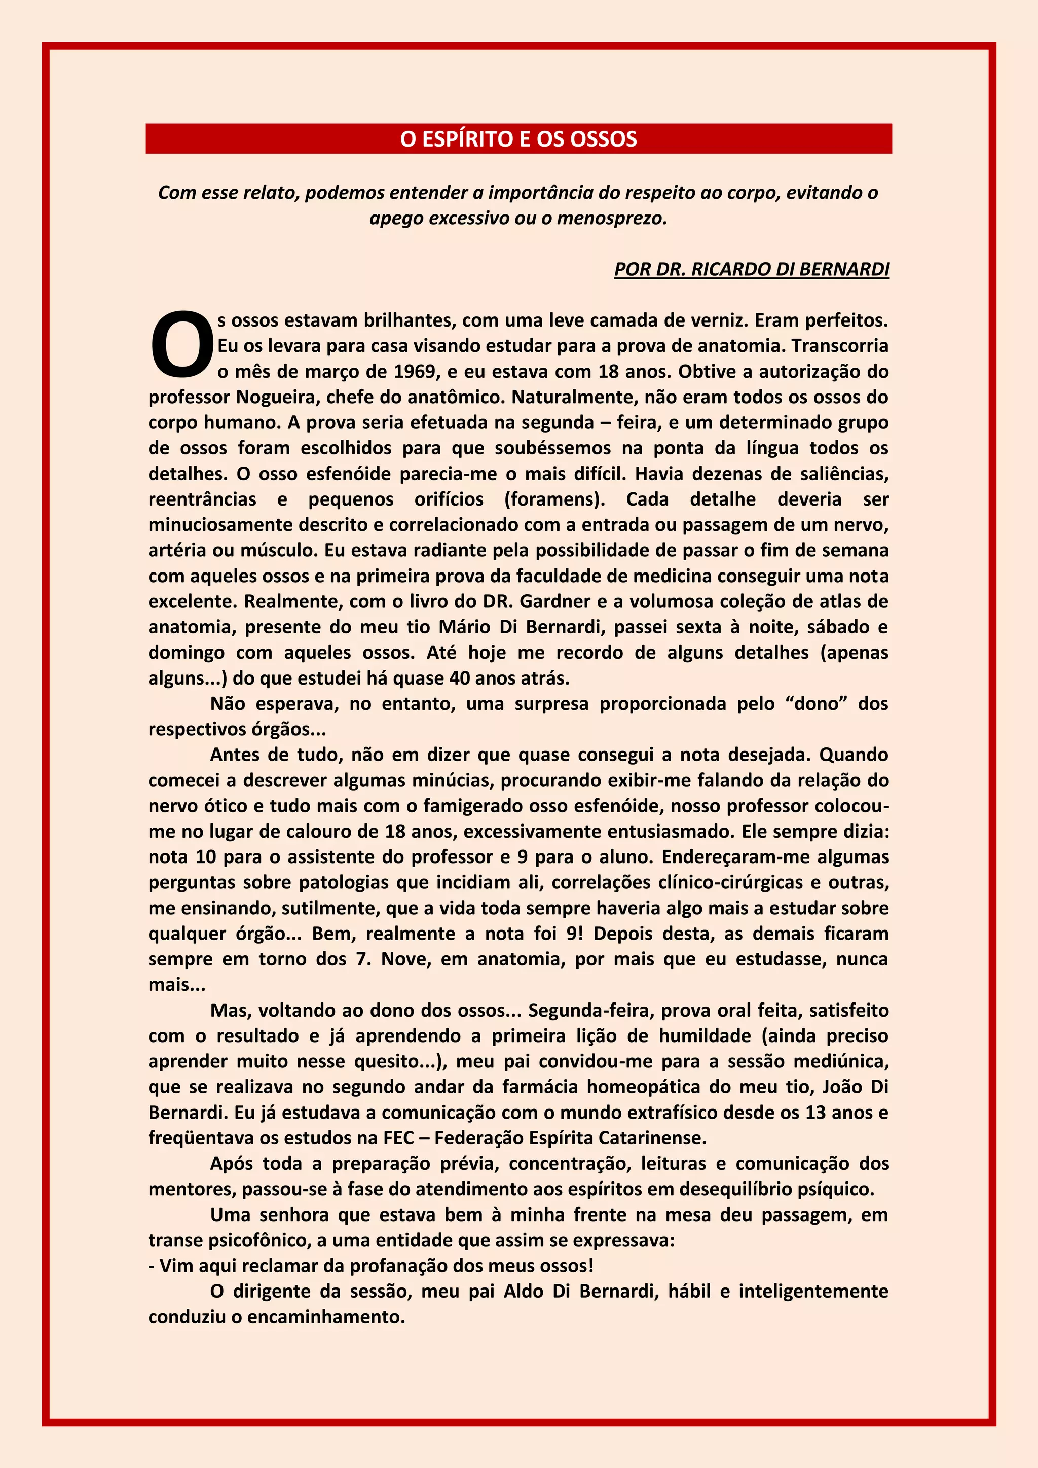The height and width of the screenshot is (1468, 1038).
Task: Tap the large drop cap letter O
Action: pos(181,344)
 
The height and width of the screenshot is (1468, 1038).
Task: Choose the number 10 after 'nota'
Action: pos(206,857)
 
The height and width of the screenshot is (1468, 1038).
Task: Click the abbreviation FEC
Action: pos(399,1139)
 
